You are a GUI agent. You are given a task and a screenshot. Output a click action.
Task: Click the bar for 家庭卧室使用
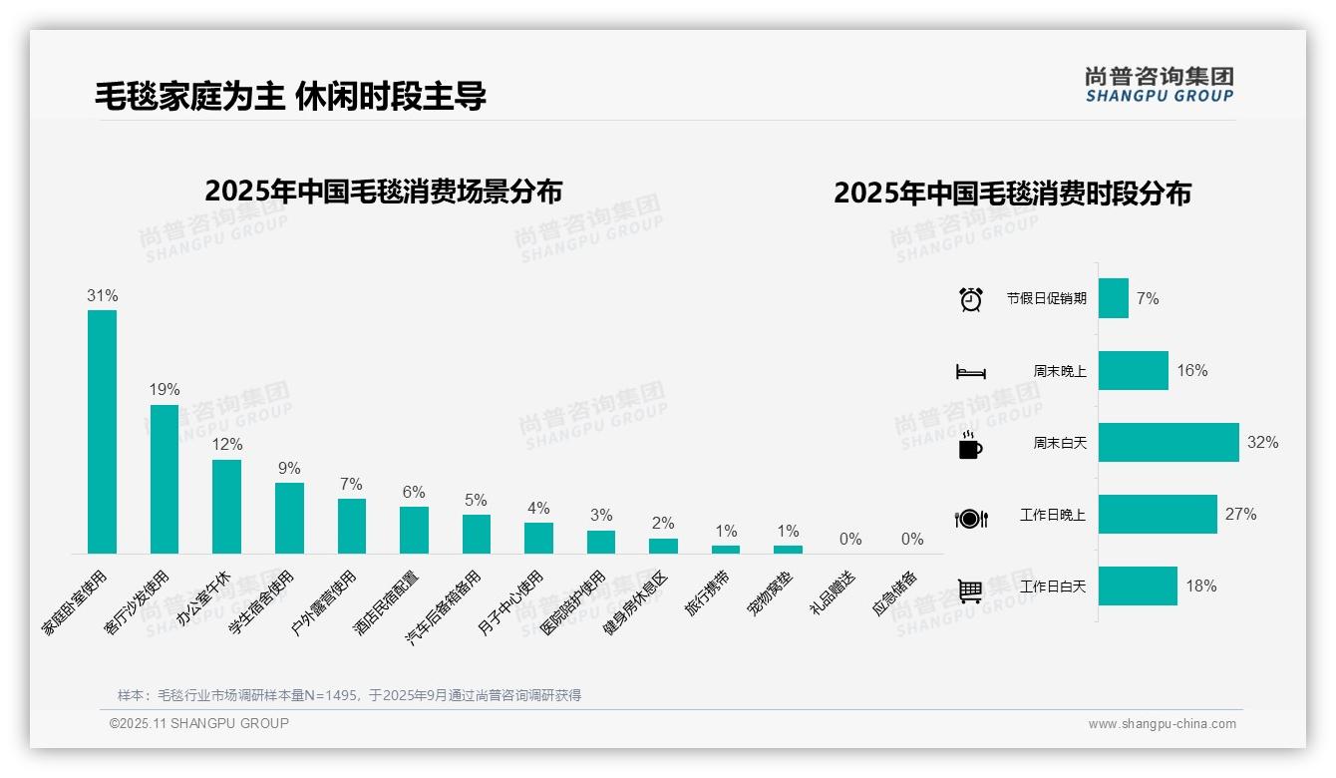(x=102, y=431)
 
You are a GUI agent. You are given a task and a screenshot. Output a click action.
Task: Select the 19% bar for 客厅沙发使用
(x=165, y=479)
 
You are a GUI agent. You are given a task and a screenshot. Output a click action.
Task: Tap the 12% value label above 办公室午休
(x=226, y=445)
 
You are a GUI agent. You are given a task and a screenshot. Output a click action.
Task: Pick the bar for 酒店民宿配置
(x=414, y=530)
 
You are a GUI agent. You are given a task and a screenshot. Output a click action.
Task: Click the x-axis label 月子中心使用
(x=510, y=603)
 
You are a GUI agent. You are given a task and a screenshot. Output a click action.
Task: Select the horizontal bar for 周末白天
(x=1169, y=442)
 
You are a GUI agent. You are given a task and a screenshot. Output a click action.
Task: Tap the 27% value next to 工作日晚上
(x=1240, y=515)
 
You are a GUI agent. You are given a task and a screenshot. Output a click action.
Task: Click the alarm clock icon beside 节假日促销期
(x=970, y=299)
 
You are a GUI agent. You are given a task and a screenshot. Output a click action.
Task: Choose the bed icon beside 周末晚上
(x=970, y=371)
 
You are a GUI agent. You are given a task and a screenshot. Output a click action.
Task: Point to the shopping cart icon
(x=970, y=590)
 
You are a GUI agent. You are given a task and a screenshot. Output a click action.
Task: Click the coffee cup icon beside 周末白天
(x=970, y=445)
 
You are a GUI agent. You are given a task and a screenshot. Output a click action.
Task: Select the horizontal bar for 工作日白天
(x=1138, y=586)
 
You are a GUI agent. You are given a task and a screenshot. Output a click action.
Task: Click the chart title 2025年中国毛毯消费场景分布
(x=384, y=191)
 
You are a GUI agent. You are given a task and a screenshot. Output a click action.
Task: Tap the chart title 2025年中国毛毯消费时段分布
(x=1012, y=193)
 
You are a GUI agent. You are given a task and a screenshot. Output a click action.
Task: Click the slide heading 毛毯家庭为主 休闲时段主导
(x=290, y=96)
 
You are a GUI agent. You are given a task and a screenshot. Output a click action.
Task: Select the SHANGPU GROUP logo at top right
(x=1159, y=84)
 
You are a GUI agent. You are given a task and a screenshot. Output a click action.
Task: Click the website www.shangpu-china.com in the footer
(x=1162, y=724)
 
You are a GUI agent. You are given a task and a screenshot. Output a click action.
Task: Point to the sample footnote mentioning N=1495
(x=349, y=695)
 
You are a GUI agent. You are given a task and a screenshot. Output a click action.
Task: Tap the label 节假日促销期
(x=1046, y=298)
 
